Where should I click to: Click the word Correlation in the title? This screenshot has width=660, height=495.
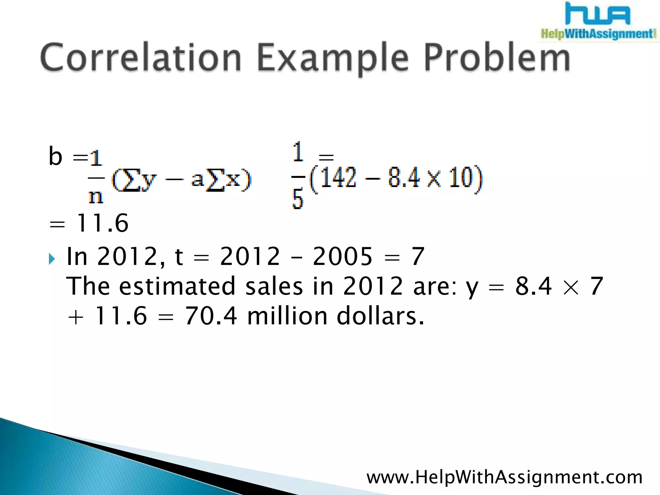point(141,57)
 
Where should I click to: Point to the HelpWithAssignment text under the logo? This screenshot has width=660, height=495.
point(598,34)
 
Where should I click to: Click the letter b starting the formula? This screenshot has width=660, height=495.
point(55,156)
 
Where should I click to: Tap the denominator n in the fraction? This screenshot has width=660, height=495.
point(95,196)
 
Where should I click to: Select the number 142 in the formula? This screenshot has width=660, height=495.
point(338,177)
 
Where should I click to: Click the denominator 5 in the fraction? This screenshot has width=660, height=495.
point(297,199)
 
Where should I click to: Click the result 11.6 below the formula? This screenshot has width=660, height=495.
point(102,223)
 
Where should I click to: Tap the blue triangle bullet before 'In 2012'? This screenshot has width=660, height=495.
point(52,258)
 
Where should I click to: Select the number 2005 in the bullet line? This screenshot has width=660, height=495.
point(342,257)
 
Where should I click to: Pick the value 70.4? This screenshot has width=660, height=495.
point(211,316)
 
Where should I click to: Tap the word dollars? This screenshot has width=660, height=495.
point(380,316)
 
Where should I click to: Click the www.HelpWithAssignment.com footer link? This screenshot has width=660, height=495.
point(504,477)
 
